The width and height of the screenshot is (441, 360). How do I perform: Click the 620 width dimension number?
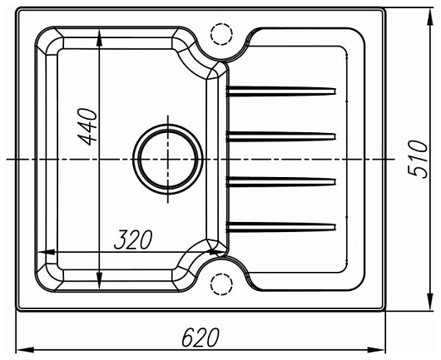tap(201, 337)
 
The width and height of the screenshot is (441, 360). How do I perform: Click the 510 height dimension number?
tap(418, 160)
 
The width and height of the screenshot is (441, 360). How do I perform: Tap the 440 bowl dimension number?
tap(87, 126)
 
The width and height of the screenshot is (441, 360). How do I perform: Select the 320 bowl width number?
tap(133, 239)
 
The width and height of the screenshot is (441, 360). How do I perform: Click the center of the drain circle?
tap(168, 160)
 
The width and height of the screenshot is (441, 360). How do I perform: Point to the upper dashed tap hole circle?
tap(221, 34)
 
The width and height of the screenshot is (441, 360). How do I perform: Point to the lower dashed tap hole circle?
tap(221, 284)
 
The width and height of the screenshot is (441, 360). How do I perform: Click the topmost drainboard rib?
tap(281, 91)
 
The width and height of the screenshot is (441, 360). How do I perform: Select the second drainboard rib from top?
tap(281, 136)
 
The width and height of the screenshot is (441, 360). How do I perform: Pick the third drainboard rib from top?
tap(281, 181)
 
